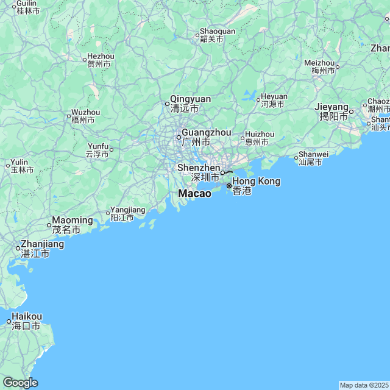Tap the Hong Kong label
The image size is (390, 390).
point(256,182)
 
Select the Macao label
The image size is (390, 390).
point(194,193)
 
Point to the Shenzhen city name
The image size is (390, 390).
point(199,168)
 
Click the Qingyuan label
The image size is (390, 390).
point(190,99)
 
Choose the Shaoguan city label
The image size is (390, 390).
point(218,32)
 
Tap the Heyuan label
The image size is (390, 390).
point(274,97)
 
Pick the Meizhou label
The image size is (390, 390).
point(320,63)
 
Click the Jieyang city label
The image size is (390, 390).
point(331,107)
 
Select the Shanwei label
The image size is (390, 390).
point(314,155)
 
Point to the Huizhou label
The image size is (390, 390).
point(260,135)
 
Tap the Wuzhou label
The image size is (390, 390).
point(85,113)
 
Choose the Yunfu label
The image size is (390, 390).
point(97,147)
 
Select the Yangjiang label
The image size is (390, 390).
point(128,210)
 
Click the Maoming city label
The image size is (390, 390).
point(73,220)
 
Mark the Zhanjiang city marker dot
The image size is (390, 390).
point(18,248)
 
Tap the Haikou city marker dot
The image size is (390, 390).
point(9,321)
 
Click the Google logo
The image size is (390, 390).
point(20,383)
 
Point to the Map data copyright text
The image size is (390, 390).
point(364,385)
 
